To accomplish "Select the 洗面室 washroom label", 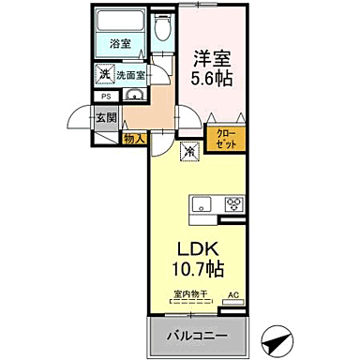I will pyautogui.click(x=129, y=75).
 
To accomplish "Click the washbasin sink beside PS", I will pyautogui.click(x=132, y=96).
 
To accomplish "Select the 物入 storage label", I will pyautogui.click(x=134, y=138).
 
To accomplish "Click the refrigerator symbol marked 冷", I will pyautogui.click(x=188, y=149).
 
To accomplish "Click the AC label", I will pyautogui.click(x=234, y=295).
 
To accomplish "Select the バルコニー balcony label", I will pyautogui.click(x=201, y=337).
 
